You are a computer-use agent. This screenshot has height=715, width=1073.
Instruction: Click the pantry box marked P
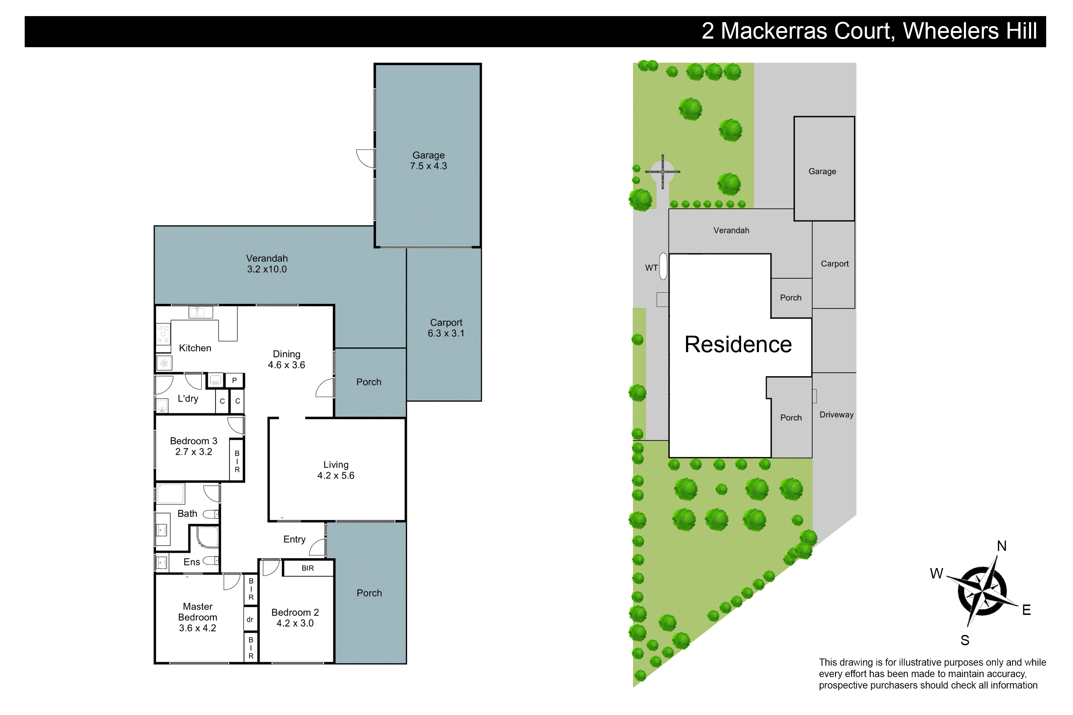[235, 380]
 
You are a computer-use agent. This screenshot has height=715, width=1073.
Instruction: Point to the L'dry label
[188, 399]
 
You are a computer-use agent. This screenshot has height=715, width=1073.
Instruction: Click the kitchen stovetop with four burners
[163, 334]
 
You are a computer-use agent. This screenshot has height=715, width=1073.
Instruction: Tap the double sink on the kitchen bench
[200, 312]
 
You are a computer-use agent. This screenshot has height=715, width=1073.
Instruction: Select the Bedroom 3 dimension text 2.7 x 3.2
[193, 452]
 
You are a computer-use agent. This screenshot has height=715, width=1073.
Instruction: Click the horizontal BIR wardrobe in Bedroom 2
[308, 568]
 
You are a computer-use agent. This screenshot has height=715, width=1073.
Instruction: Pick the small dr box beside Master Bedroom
[250, 619]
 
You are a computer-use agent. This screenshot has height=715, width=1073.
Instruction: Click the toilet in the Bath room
[210, 514]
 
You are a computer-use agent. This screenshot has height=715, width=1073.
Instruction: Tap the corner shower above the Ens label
[207, 537]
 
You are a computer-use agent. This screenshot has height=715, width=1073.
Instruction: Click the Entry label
[294, 539]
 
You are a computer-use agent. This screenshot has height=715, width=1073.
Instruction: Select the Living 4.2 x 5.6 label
[336, 470]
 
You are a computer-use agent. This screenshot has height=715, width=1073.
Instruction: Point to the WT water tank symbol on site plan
[663, 266]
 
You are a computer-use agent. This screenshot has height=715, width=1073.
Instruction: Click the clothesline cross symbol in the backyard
[662, 172]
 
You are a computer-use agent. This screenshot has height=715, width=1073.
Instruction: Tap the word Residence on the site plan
[738, 344]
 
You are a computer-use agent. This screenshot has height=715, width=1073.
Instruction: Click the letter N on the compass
[1001, 546]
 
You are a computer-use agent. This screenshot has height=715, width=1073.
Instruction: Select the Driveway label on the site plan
[836, 414]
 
